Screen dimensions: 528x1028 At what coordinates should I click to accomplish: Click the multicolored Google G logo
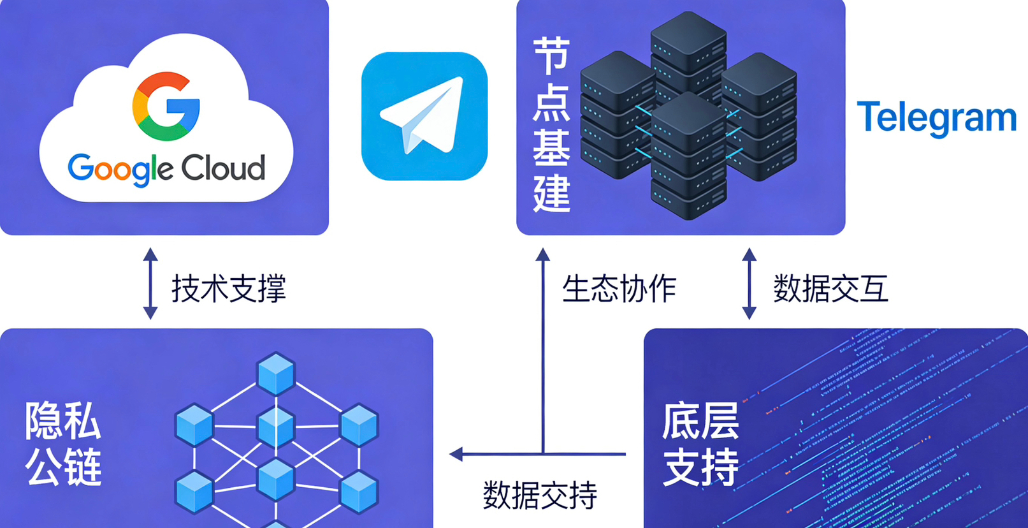coord(166,106)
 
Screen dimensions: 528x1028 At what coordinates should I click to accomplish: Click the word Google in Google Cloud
coord(119,168)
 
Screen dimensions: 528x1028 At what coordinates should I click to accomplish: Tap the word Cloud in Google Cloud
coord(222,168)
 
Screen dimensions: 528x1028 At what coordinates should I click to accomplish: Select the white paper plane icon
coord(424,115)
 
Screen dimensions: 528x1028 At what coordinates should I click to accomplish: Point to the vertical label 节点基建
coord(551,124)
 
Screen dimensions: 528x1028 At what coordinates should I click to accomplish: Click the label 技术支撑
coord(228,288)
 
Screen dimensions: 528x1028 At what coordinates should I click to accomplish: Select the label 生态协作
coord(618,288)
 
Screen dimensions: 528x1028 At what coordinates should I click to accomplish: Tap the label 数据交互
coord(830,288)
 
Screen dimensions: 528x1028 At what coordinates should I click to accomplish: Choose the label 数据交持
coord(539,495)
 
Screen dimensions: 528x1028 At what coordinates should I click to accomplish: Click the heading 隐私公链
coord(63,443)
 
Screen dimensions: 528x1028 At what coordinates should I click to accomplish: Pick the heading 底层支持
coord(700,443)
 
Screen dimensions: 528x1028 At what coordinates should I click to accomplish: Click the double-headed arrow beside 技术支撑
coord(150,283)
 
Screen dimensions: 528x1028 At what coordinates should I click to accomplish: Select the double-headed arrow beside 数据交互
coord(749,283)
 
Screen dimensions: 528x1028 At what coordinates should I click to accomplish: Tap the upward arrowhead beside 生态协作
coord(543,255)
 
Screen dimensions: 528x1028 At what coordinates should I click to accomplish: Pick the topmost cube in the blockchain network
coord(276,373)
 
